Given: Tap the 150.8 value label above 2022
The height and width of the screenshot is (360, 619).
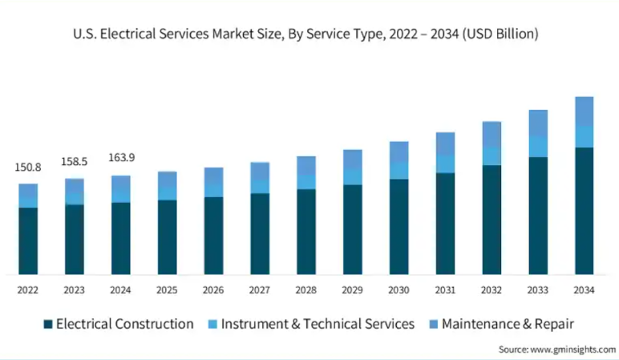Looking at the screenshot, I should coord(28,168).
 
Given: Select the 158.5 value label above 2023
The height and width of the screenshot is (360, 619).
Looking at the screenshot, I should coord(75,162).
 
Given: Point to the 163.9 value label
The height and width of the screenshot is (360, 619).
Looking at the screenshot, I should coord(121,158).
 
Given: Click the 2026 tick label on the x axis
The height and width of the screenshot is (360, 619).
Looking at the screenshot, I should coord(213,289).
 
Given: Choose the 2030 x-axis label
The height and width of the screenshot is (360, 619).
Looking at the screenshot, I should coord(399,289).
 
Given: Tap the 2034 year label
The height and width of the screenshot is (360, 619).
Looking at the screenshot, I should coord(584,289).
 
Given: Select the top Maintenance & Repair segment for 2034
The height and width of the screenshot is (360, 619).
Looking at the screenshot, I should coord(584,111).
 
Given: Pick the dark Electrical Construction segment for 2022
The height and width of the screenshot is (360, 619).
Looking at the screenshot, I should coord(28,241).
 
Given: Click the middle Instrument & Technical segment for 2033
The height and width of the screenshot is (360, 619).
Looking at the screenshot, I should coord(537,146).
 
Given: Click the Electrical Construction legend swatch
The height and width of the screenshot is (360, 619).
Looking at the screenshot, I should coord(48,324).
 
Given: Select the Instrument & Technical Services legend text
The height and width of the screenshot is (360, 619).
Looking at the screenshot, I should coord(318,324).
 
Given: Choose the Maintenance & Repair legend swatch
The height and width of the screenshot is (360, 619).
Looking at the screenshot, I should coord(432,324).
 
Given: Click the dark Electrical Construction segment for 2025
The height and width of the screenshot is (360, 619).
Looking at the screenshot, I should coord(167,237).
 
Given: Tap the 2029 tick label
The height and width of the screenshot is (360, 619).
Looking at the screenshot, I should coord(352,289).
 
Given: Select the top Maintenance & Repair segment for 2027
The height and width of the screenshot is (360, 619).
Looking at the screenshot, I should coord(260,170).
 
